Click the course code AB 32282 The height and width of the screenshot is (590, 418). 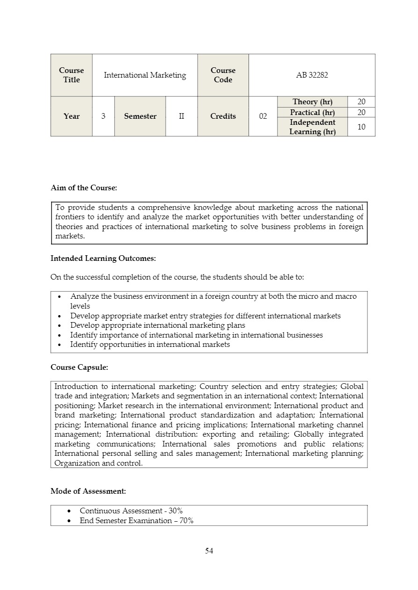coord(312,75)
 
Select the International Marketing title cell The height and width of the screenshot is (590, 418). coord(145,75)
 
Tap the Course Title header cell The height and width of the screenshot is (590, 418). coord(71,75)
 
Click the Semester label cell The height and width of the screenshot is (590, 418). coord(140,116)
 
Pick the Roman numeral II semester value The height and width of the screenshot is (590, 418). coord(181,116)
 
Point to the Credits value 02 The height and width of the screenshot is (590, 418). coord(263,116)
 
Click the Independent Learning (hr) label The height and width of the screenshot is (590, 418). coord(312,127)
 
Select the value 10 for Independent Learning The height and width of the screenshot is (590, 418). coord(361,127)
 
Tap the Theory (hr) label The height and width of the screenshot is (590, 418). coord(312,102)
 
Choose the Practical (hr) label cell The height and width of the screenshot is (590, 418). coord(312,112)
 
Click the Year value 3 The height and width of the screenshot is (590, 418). coord(103,116)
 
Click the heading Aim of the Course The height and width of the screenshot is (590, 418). coord(83,188)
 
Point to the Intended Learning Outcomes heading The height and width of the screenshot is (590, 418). coord(103,258)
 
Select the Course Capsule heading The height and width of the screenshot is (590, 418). coord(79,367)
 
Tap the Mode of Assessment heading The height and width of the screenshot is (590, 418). coord(88,491)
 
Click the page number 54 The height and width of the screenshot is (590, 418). coord(209,551)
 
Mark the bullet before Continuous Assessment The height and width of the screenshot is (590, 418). coord(69,511)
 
